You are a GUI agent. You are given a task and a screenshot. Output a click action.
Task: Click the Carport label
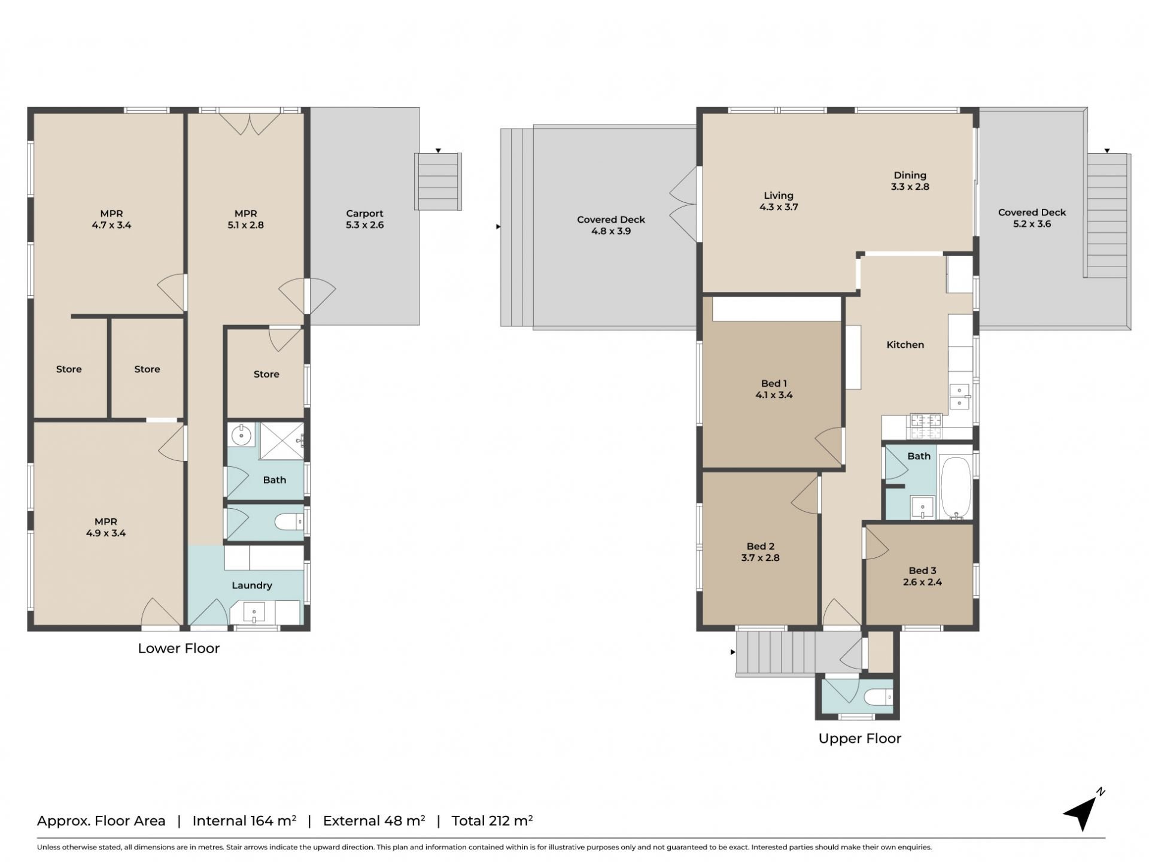click(x=364, y=214)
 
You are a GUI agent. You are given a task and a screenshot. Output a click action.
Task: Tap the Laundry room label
click(x=252, y=585)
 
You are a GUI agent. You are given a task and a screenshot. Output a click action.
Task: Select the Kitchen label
click(x=905, y=345)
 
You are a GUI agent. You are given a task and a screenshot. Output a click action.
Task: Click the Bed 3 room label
click(x=922, y=571)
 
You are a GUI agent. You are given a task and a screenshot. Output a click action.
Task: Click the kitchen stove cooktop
click(x=926, y=426)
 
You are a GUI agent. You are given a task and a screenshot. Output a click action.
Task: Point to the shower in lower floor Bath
click(x=281, y=441)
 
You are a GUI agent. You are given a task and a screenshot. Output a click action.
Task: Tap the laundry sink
click(x=254, y=612)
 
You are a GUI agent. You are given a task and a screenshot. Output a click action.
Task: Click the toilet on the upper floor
click(x=879, y=697)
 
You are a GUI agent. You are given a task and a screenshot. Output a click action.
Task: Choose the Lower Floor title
click(x=179, y=648)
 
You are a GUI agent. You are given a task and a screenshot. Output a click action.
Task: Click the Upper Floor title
click(x=859, y=739)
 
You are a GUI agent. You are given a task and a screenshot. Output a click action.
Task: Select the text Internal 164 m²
click(x=244, y=821)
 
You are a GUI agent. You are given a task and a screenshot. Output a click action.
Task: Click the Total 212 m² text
click(x=492, y=821)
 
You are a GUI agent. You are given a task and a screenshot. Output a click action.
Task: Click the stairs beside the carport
click(x=438, y=181)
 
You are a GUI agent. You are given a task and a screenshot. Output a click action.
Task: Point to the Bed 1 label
click(x=774, y=384)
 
